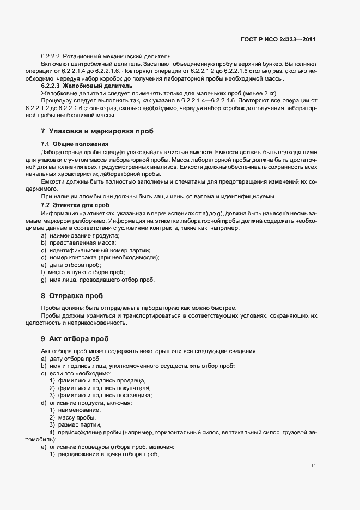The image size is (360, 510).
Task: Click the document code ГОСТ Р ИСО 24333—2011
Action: pos(278,40)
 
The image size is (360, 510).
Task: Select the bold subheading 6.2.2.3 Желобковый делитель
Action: pos(87,86)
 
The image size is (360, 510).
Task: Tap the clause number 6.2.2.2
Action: pos(50,56)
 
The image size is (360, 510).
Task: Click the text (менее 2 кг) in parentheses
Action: pos(258,93)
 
